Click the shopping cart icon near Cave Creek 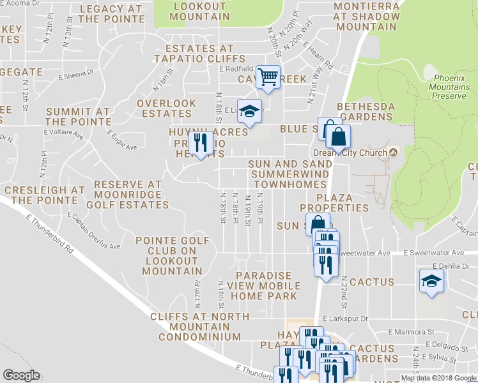(269, 78)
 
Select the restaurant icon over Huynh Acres (202, 143)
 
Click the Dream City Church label (350, 153)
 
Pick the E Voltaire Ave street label (64, 135)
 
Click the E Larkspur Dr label (346, 318)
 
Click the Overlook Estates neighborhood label (167, 109)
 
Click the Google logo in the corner (21, 375)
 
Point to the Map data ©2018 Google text (438, 378)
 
